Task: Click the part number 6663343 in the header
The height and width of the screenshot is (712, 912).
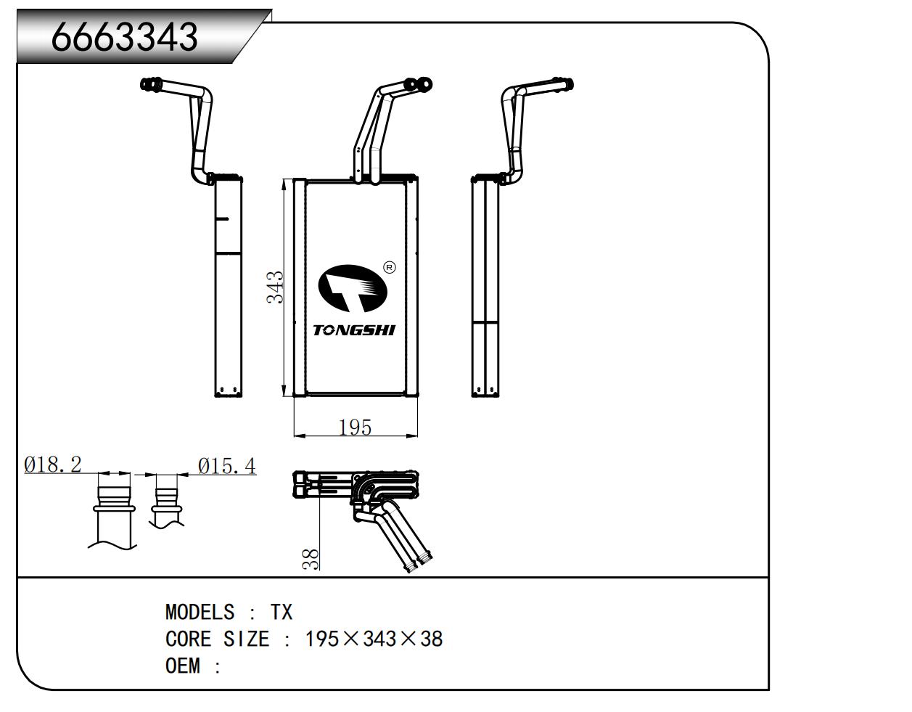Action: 124,36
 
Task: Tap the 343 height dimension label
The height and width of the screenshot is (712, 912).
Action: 275,287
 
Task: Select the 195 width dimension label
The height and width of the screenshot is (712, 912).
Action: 355,427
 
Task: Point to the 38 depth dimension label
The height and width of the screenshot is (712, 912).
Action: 311,558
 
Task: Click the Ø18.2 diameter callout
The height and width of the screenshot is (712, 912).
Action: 52,465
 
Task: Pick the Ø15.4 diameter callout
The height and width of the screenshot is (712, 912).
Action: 227,465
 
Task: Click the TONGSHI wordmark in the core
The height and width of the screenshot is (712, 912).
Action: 354,330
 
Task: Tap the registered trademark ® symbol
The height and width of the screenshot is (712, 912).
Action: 389,268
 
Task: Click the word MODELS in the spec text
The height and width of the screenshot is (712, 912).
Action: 200,613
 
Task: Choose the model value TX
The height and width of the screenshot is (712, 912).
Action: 282,613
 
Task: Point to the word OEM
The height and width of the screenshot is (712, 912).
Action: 182,666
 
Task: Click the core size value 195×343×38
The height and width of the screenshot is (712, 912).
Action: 374,639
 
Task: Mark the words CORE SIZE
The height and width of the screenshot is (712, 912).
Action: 217,639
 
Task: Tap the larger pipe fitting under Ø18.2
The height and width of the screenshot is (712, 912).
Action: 113,500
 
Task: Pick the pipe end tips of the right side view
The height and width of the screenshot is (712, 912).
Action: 564,85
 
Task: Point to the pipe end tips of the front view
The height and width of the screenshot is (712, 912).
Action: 421,85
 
